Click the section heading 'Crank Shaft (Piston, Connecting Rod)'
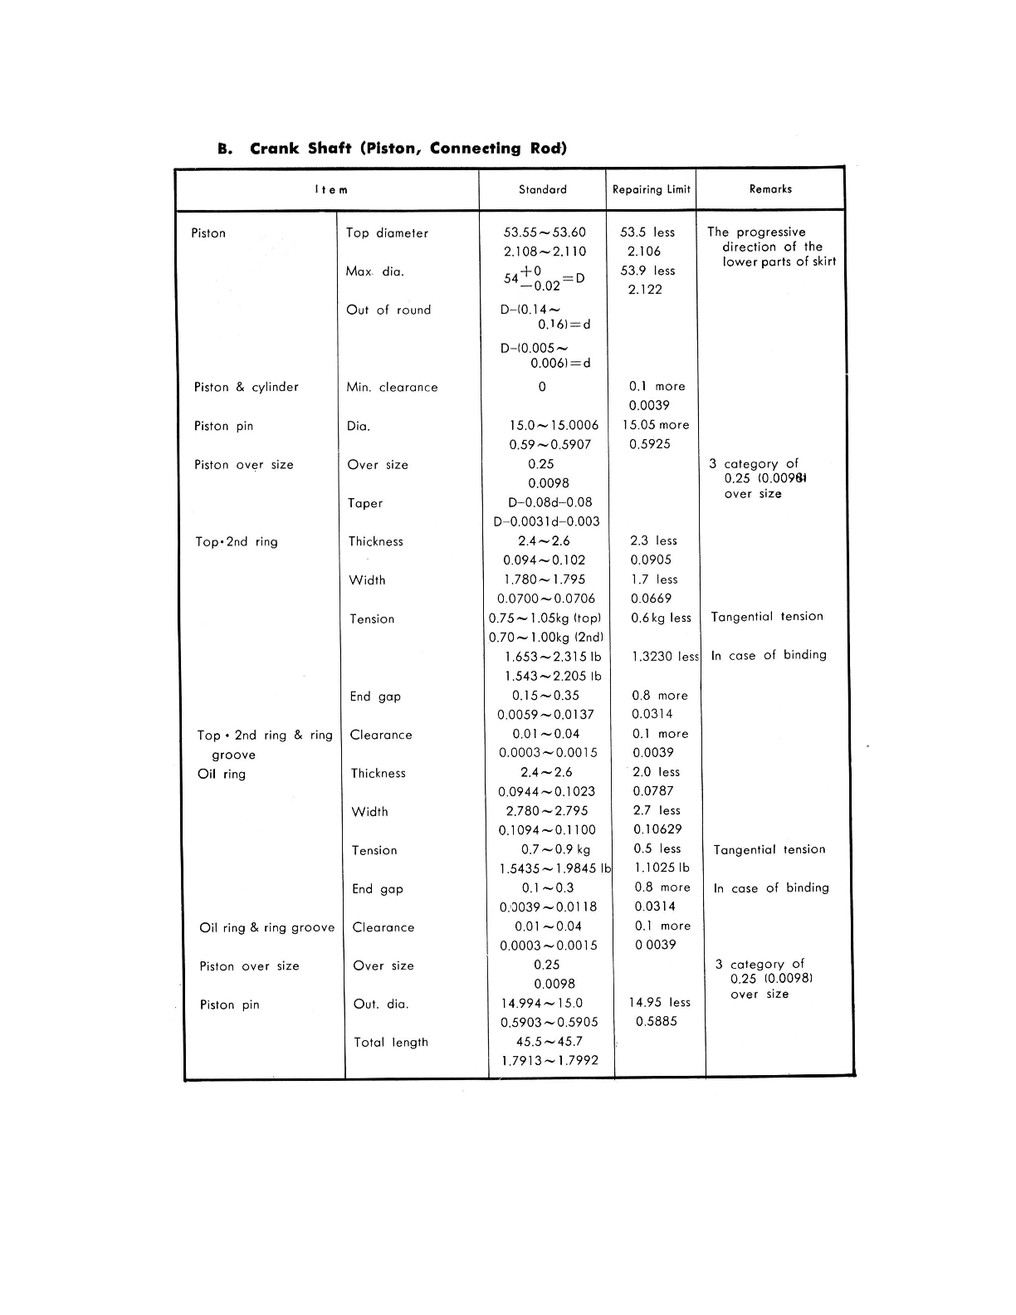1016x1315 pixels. click(408, 149)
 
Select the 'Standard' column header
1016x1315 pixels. click(542, 189)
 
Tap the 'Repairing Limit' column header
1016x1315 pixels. click(651, 189)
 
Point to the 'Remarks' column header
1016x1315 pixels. click(770, 189)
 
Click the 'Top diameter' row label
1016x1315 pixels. click(387, 233)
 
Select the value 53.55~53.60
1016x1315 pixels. click(545, 232)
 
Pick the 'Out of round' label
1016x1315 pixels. click(388, 310)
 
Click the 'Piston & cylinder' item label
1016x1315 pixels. click(246, 387)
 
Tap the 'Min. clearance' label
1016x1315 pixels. click(392, 387)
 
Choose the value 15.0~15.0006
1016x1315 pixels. click(554, 425)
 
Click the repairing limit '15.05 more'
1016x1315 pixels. click(656, 424)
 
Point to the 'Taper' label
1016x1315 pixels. click(365, 503)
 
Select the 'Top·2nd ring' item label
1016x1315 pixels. click(236, 542)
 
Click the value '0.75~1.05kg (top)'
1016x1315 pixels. click(545, 618)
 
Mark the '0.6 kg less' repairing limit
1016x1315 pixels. click(661, 618)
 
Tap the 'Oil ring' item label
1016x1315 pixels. click(222, 774)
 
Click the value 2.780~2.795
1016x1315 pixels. click(547, 811)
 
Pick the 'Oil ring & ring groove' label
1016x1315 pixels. click(266, 927)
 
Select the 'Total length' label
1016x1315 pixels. click(391, 1042)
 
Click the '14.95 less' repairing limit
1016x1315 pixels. click(659, 1003)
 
